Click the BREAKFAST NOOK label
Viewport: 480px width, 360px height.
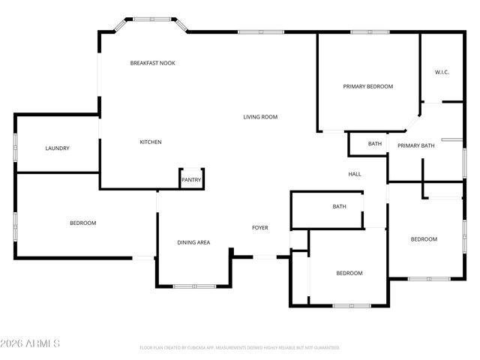(152, 63)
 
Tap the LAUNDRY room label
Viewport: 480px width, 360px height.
(57, 148)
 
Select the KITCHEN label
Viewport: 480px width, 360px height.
(151, 142)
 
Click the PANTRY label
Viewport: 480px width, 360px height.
(191, 180)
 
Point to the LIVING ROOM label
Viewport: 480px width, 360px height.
(260, 117)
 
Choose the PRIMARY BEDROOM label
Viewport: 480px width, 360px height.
(367, 87)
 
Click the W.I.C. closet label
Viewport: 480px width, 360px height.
(441, 72)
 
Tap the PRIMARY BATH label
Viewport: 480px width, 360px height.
(415, 145)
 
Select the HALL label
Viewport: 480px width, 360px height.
(355, 174)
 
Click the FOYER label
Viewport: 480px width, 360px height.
(259, 228)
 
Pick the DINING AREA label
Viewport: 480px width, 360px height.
(193, 242)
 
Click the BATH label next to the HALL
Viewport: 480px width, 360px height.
(375, 143)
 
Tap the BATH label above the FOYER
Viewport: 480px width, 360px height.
(339, 207)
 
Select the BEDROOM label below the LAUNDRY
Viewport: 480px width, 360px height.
(82, 223)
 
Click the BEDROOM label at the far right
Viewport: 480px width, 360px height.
(423, 239)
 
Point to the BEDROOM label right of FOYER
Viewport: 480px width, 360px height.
(349, 273)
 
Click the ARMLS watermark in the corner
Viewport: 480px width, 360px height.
(31, 343)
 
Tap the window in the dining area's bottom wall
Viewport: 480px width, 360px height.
(194, 286)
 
